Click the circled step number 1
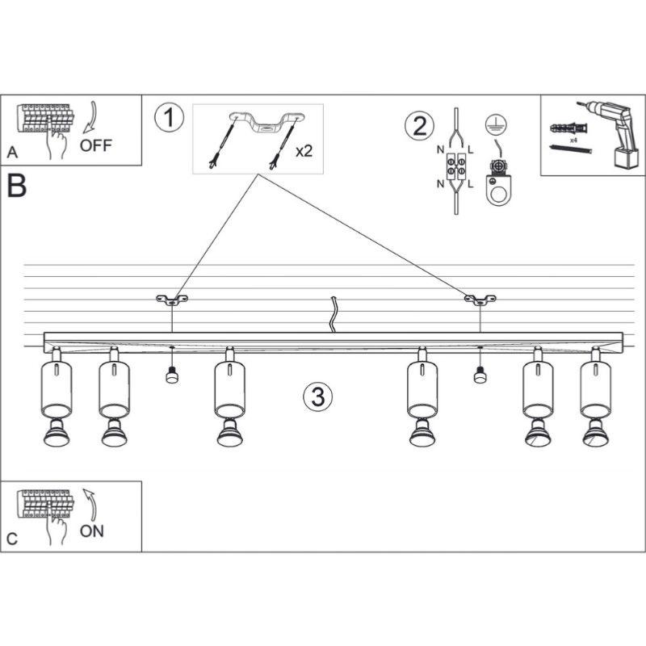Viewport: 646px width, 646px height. pos(169,118)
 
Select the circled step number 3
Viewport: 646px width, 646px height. pos(317,396)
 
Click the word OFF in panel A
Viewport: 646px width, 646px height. pos(96,145)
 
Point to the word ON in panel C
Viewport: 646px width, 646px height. pos(91,531)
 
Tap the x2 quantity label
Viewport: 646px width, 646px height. pos(304,151)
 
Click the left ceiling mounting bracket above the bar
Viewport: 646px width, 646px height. pos(171,300)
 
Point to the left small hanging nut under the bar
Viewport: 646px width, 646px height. pos(171,375)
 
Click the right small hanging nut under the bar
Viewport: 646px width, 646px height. pos(480,374)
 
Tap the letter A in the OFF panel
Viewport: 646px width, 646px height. pos(11,152)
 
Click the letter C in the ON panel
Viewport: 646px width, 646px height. pos(11,538)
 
